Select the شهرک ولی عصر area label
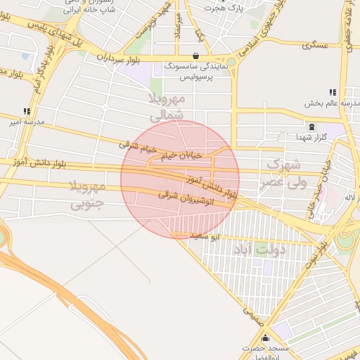point(283,173)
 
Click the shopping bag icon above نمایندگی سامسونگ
point(195,56)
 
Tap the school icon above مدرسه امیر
point(27,111)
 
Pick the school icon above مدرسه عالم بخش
point(331,92)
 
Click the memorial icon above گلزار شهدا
point(311,127)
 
